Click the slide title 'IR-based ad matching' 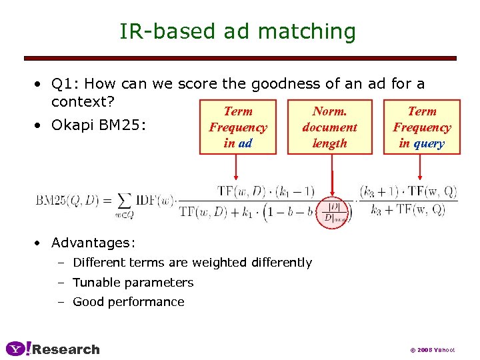tap(237, 31)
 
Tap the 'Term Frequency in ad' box tap(237, 127)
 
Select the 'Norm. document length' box tap(329, 127)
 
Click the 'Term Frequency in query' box tap(421, 127)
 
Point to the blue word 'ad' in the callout tap(245, 143)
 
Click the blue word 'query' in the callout tap(429, 143)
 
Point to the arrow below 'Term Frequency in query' tap(419, 167)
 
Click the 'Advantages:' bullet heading tap(93, 243)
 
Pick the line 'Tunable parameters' tap(133, 282)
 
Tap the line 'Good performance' tap(128, 301)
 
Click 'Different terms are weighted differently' tap(192, 262)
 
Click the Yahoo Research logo tap(53, 349)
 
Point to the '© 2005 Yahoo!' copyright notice tap(432, 350)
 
